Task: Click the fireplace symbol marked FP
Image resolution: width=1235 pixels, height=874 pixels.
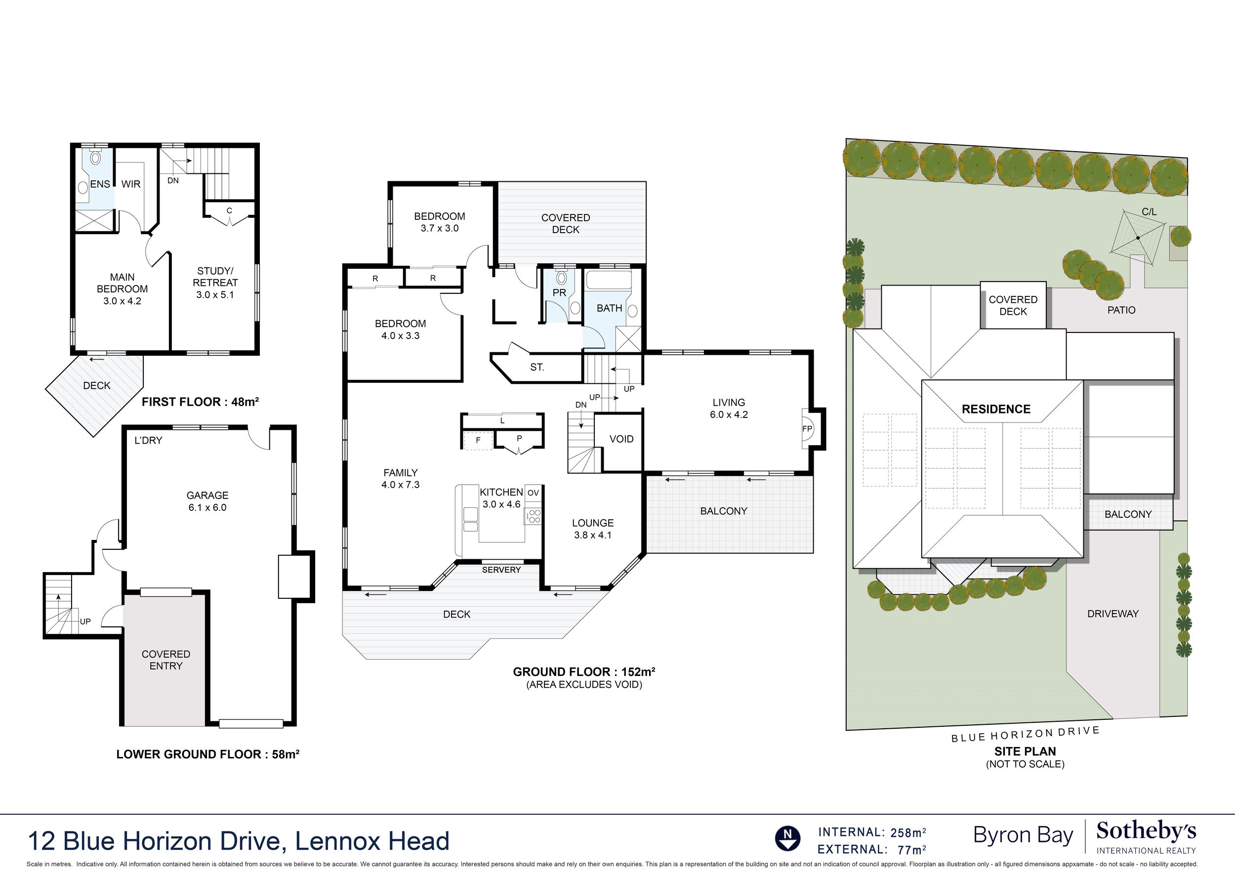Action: coord(808,428)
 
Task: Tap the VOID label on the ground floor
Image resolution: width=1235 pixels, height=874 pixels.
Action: coord(621,439)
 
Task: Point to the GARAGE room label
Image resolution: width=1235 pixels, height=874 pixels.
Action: coord(207,495)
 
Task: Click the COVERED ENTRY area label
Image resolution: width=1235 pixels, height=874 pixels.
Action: coord(166,660)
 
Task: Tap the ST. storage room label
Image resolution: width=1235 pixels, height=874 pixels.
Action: coord(537,367)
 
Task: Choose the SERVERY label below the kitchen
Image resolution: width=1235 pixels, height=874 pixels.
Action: coord(501,569)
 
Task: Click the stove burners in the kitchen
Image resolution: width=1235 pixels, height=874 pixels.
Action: coord(535,517)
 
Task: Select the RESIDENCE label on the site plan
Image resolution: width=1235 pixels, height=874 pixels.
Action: coord(996,409)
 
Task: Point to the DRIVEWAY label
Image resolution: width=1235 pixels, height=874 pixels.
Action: coord(1113,614)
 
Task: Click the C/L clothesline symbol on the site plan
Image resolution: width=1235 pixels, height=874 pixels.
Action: coord(1138,237)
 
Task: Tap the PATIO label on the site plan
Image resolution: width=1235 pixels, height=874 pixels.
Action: coord(1121,310)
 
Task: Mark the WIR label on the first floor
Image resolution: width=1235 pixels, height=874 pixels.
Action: coord(131,184)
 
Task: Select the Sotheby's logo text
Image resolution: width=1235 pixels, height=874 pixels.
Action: coord(1146,831)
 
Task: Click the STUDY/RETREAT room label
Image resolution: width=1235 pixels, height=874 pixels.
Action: coord(215,283)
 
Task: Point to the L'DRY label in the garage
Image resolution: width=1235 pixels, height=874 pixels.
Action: coord(148,440)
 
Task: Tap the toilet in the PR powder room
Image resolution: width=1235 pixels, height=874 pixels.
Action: coord(562,278)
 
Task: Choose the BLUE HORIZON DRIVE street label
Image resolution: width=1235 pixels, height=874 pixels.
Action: coord(1026,735)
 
